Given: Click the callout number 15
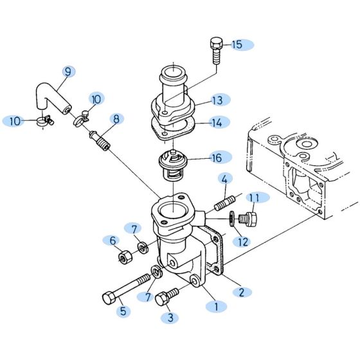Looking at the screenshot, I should (x=237, y=44).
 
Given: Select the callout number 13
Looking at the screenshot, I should (x=217, y=100).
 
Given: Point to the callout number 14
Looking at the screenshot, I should (x=216, y=122).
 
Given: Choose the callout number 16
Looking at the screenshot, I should (x=217, y=156).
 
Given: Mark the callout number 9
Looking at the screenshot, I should (x=67, y=72).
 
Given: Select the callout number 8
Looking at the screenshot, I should (x=116, y=119).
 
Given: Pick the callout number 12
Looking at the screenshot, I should (x=242, y=242).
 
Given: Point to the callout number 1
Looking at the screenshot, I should (x=216, y=307).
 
